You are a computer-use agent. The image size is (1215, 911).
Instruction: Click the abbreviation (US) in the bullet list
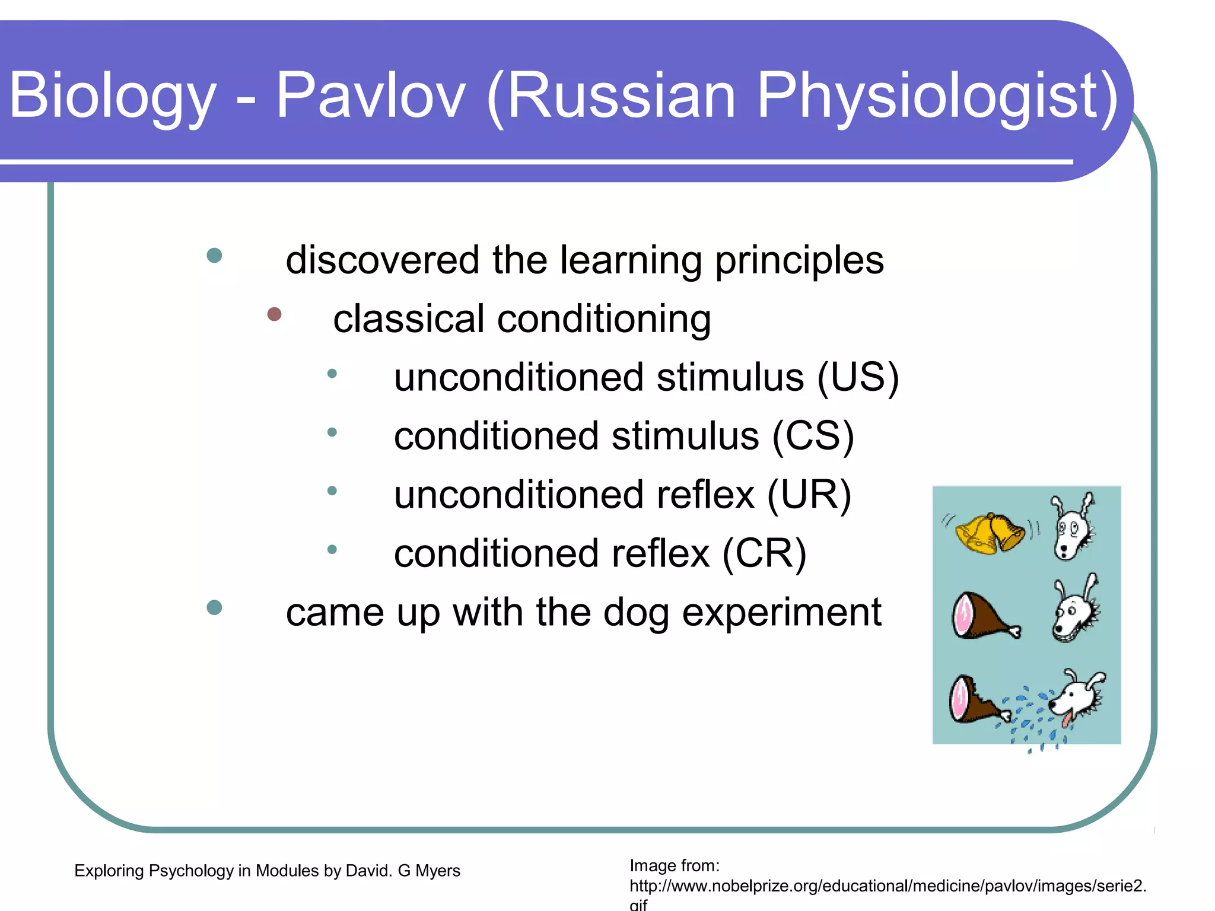[858, 378]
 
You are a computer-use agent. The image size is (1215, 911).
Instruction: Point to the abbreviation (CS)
[813, 437]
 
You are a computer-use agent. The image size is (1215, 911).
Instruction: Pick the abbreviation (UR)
[809, 495]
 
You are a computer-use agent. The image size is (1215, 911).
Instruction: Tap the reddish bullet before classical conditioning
[274, 314]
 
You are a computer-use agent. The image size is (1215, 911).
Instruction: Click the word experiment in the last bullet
[781, 612]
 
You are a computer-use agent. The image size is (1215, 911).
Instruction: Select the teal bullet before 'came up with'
[214, 607]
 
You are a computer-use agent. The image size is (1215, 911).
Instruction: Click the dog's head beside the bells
[1073, 528]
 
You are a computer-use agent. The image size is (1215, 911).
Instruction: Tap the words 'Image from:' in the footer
[675, 866]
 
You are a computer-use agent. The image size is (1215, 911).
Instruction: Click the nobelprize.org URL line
[888, 886]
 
